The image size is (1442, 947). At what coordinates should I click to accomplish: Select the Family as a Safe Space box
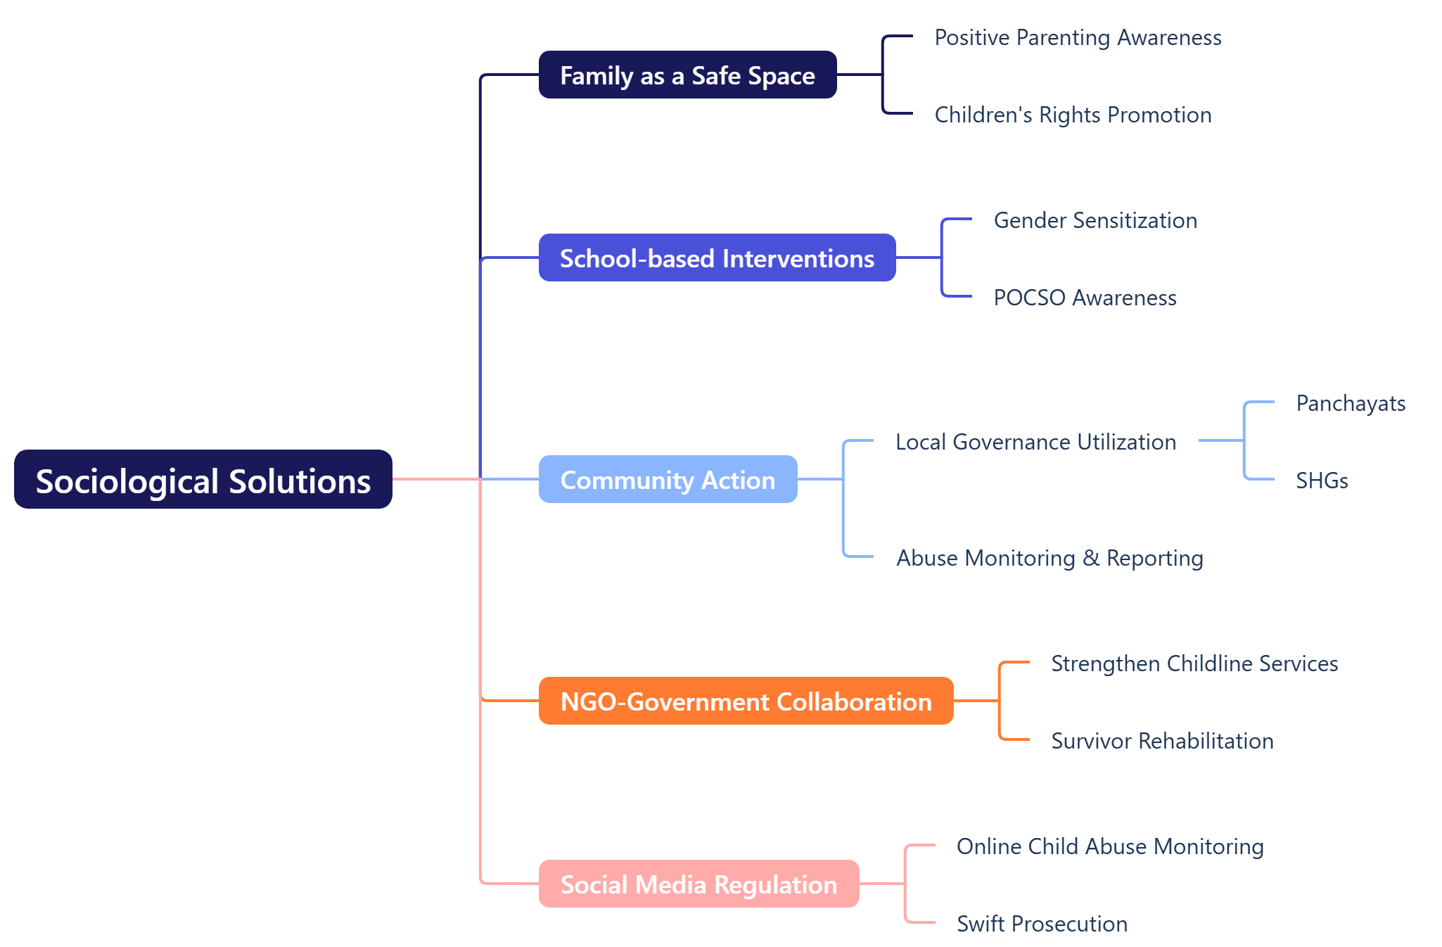click(x=687, y=75)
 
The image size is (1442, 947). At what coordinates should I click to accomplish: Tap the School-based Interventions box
click(x=717, y=258)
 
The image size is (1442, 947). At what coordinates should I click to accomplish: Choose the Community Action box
click(x=668, y=479)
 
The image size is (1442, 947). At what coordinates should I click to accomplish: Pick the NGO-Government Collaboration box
click(x=746, y=701)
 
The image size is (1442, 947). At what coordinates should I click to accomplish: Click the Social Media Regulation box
click(x=698, y=884)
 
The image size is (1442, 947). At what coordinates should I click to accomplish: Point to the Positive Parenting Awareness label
click(x=1078, y=37)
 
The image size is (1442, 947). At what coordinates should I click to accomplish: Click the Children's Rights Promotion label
click(x=1073, y=115)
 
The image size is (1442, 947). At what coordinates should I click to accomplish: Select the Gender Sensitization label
click(x=1095, y=220)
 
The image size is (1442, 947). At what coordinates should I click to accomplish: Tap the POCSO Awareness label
click(x=1085, y=298)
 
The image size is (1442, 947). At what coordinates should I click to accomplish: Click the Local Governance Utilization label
click(x=1035, y=442)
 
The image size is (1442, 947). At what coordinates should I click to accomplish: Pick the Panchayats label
click(x=1351, y=403)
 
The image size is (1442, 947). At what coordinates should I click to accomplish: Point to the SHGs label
click(x=1322, y=481)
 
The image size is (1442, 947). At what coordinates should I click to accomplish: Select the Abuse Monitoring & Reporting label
click(x=1049, y=558)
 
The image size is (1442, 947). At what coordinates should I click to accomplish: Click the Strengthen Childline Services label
click(x=1194, y=663)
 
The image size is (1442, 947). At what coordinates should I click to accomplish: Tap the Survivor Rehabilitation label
click(x=1162, y=741)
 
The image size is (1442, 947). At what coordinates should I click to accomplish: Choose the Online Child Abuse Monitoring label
click(x=1110, y=846)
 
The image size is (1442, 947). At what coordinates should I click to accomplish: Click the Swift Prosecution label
click(x=1042, y=924)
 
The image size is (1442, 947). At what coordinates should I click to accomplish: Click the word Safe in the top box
click(x=716, y=75)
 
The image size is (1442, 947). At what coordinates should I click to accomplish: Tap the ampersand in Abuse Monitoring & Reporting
click(x=1091, y=558)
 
